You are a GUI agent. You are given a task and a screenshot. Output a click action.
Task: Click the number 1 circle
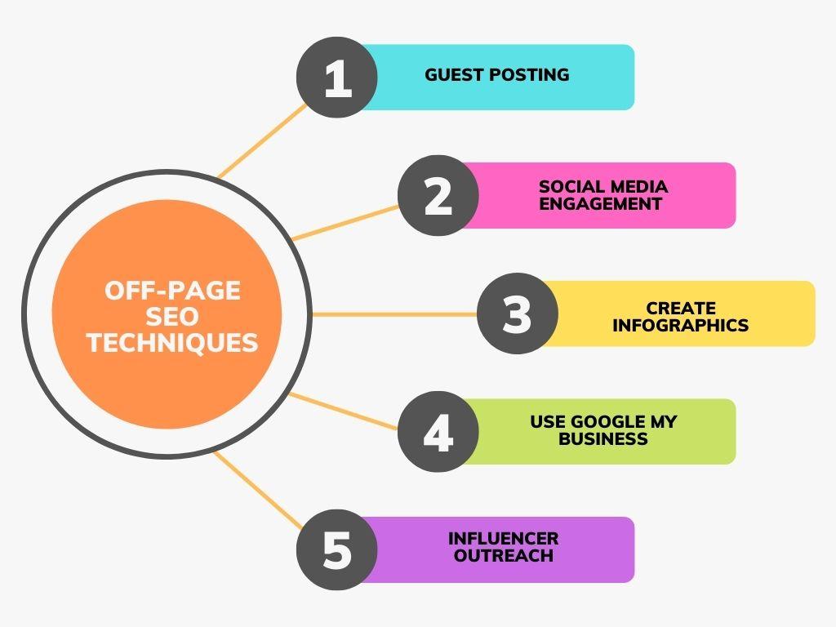(x=337, y=78)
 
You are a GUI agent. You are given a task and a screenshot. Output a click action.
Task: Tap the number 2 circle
(x=438, y=196)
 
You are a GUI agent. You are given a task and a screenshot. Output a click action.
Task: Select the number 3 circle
(x=517, y=313)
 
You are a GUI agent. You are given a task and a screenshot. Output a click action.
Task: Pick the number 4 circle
(x=438, y=431)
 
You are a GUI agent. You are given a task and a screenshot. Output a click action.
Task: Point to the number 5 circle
(x=337, y=549)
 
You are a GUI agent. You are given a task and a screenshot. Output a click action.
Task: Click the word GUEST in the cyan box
(x=454, y=74)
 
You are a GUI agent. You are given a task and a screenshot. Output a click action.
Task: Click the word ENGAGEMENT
(x=600, y=203)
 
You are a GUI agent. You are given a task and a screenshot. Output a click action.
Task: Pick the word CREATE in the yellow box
(x=681, y=308)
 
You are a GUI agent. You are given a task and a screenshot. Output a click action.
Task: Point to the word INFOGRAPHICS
(x=681, y=325)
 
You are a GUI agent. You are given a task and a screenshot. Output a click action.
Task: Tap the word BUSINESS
(x=603, y=438)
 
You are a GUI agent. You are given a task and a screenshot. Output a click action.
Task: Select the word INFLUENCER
(x=503, y=539)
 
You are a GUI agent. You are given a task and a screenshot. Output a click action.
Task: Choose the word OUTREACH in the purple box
(x=503, y=555)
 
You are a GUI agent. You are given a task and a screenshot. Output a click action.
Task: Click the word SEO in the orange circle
(x=172, y=317)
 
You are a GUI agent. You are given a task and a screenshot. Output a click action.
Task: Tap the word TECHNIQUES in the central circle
(x=172, y=342)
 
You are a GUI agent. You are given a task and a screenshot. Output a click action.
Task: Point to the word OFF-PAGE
(x=172, y=291)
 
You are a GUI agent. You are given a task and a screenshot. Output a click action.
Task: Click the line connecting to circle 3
(x=394, y=314)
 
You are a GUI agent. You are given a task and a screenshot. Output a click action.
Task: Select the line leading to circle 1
(x=262, y=140)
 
